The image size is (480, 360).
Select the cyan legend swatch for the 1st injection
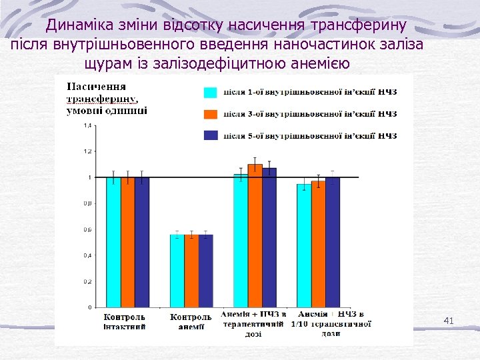(x=210, y=92)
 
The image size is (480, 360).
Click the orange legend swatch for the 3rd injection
(x=210, y=113)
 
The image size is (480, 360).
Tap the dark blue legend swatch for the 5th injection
(x=210, y=135)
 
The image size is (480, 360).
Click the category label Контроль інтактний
(x=125, y=321)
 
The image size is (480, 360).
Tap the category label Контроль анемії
(x=191, y=321)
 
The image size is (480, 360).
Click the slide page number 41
(x=449, y=321)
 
